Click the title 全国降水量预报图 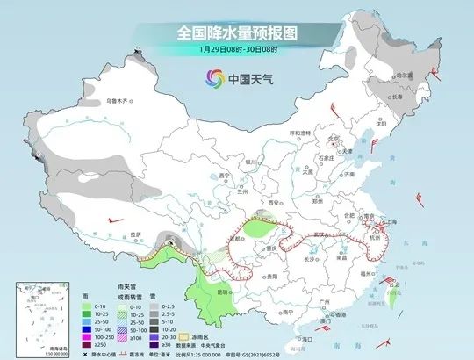point(237,32)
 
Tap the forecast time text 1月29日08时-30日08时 point(236,49)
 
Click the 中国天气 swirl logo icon point(211,76)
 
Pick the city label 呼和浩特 point(301,133)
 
